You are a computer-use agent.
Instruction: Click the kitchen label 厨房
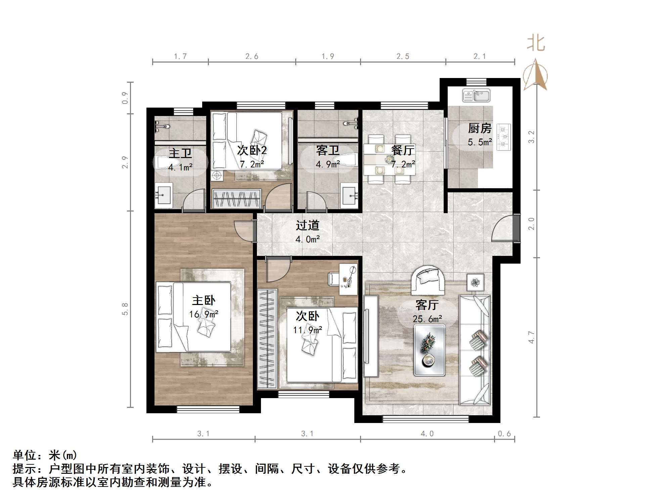point(480,128)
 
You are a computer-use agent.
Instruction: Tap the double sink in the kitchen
point(476,95)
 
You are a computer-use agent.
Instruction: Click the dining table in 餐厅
point(389,159)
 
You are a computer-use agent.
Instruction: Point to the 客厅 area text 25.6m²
point(427,319)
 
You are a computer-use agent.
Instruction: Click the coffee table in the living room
point(430,350)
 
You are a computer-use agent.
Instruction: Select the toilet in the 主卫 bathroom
point(165,163)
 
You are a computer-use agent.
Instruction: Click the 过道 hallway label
point(307,225)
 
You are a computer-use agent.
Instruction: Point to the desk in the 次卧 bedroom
point(348,279)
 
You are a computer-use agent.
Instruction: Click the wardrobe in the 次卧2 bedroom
point(237,199)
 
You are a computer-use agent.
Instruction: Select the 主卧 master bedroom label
point(204,300)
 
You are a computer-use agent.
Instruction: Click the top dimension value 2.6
point(252,56)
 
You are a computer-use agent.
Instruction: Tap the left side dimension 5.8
point(125,309)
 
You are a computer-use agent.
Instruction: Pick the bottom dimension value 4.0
point(427,434)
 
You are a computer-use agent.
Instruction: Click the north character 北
point(536,44)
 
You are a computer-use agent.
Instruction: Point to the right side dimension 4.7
point(531,337)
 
